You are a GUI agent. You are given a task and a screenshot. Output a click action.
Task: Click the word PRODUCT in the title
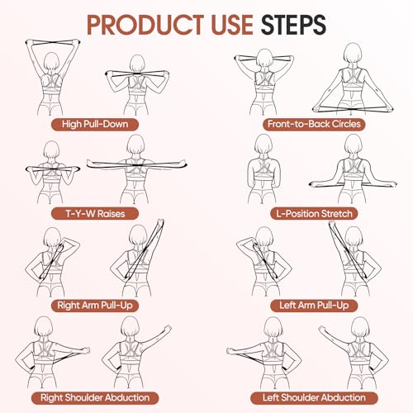tap(145, 25)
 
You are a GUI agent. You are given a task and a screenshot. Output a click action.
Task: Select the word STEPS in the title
tap(293, 25)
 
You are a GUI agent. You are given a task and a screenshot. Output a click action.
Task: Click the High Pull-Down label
tap(95, 124)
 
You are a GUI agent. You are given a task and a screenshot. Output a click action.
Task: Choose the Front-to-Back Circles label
tap(314, 124)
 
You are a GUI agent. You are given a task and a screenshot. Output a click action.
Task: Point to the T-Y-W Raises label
tap(95, 214)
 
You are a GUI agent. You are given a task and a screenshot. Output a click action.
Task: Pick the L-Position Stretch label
tap(314, 214)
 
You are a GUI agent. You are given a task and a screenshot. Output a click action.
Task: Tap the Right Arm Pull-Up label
tap(95, 306)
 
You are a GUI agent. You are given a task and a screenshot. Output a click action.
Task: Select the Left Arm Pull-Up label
tap(314, 306)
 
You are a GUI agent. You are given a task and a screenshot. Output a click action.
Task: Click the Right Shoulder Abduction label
tap(95, 397)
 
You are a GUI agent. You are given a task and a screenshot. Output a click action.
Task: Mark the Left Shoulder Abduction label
tap(314, 397)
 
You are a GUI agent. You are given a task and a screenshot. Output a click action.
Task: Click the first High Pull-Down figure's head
tap(51, 62)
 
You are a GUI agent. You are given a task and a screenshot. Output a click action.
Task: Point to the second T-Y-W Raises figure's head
tap(135, 145)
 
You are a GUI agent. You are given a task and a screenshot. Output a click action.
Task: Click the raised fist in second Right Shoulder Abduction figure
tap(167, 329)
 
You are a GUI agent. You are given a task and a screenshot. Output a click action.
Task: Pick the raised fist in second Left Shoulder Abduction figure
tap(322, 329)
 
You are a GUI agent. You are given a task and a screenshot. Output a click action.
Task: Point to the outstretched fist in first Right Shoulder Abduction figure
tap(86, 350)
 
